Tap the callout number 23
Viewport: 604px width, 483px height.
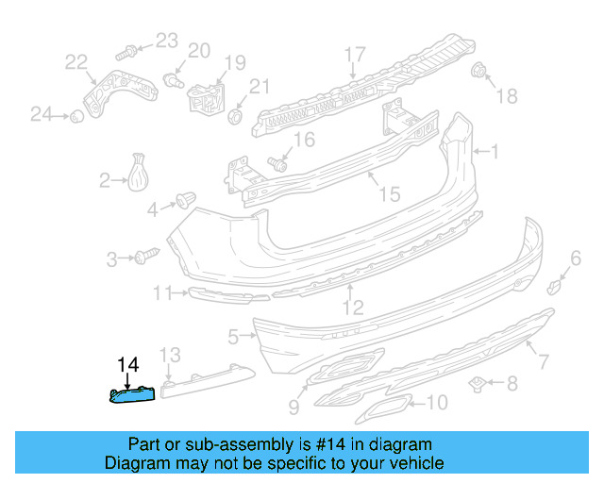pos(166,40)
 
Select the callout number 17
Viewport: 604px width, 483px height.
pos(354,53)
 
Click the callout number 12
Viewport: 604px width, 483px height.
pos(352,307)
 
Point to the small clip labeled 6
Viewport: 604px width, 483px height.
pos(558,285)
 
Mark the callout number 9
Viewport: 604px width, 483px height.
pos(293,407)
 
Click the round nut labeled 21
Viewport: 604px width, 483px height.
pos(235,116)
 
